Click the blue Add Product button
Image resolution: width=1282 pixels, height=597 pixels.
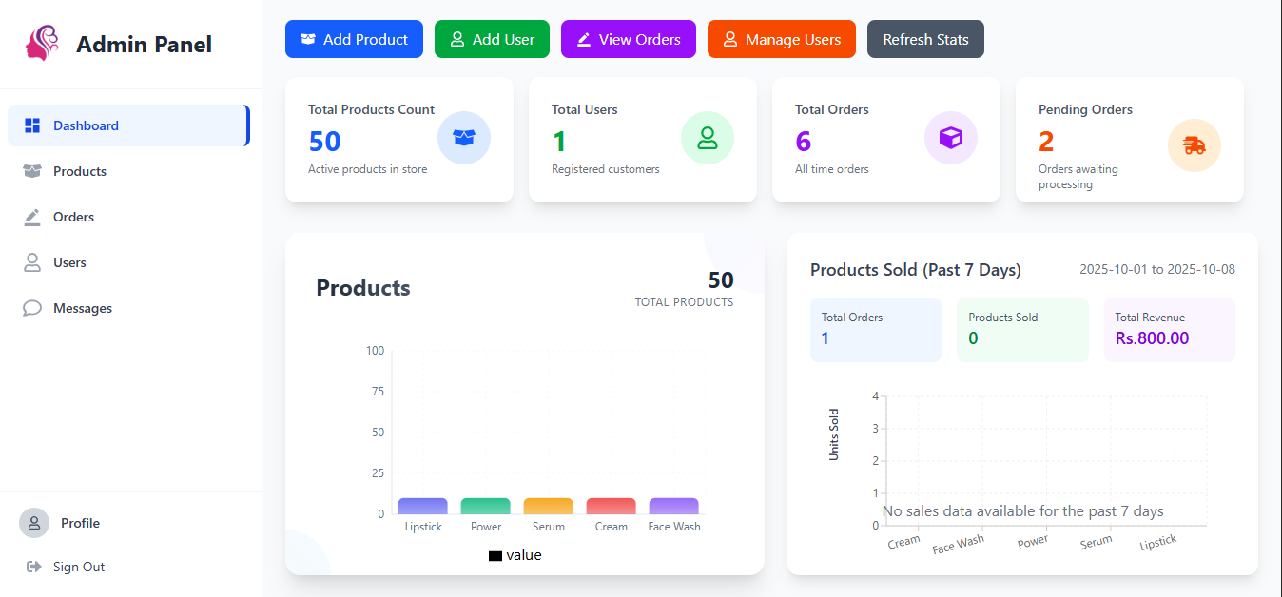[x=354, y=39]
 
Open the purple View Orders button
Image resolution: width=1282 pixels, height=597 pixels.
[x=628, y=39]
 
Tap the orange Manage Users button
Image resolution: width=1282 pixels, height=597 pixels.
[x=781, y=39]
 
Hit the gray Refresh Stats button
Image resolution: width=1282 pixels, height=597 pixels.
[x=924, y=39]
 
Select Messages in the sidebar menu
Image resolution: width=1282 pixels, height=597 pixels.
[x=82, y=308]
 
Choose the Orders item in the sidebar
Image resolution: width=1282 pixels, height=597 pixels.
[x=73, y=217]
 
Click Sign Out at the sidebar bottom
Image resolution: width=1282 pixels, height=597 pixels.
[x=78, y=567]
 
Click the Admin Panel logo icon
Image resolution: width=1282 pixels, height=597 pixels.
[x=43, y=44]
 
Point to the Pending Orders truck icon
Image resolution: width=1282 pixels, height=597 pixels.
[x=1194, y=145]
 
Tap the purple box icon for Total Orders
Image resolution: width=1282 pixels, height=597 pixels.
[x=950, y=138]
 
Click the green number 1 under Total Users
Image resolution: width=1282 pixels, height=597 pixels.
[x=559, y=142]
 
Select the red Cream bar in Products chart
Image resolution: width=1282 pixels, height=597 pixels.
[x=611, y=506]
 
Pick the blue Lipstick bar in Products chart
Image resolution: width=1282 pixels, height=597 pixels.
[x=422, y=506]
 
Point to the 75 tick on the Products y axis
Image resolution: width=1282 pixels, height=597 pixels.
[x=378, y=391]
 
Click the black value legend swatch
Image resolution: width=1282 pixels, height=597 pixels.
[x=495, y=555]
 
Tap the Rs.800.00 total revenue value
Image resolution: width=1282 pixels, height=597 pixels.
[x=1152, y=338]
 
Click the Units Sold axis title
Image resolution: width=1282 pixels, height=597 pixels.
[x=834, y=434]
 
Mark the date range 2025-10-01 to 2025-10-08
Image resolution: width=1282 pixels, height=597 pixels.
[x=1156, y=269]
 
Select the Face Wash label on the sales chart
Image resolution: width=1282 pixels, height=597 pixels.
[x=958, y=544]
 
